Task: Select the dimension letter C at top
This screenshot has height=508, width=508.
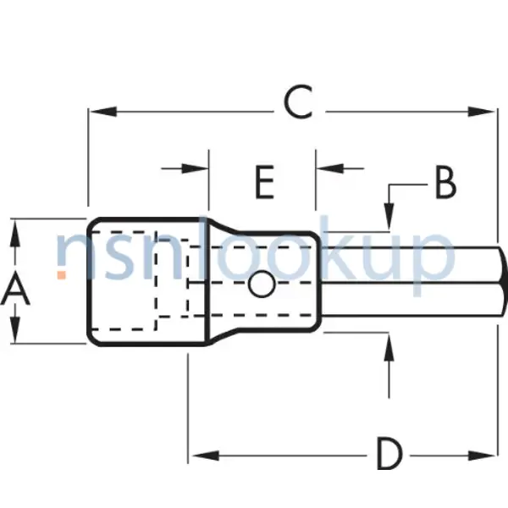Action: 299,104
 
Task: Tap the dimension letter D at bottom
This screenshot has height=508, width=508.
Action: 389,455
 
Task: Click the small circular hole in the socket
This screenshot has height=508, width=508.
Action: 262,285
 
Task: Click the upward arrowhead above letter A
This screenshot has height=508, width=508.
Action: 16,231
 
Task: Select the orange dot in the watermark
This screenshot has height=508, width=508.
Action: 62,274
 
